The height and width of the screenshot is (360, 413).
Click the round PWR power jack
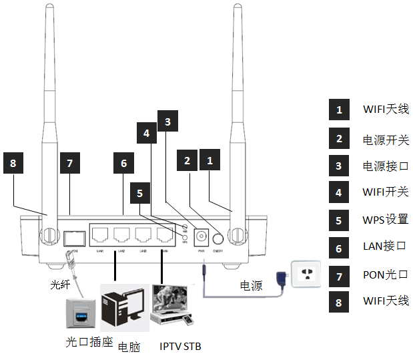[x=201, y=236]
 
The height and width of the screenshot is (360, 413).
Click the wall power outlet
[x=308, y=274]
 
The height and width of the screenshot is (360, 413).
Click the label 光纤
[x=60, y=285]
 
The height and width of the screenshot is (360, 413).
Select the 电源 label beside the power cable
[x=251, y=286]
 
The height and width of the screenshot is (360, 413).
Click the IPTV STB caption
[x=180, y=346]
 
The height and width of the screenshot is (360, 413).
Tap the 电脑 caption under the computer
[x=129, y=347]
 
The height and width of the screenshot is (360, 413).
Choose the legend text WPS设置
[x=385, y=218]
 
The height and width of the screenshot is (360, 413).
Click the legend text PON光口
[x=385, y=274]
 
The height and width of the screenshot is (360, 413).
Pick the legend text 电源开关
[x=385, y=140]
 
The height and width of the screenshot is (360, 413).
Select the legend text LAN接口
[x=384, y=246]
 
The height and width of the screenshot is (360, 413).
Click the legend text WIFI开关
[x=385, y=192]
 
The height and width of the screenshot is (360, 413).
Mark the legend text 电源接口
[x=385, y=165]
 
